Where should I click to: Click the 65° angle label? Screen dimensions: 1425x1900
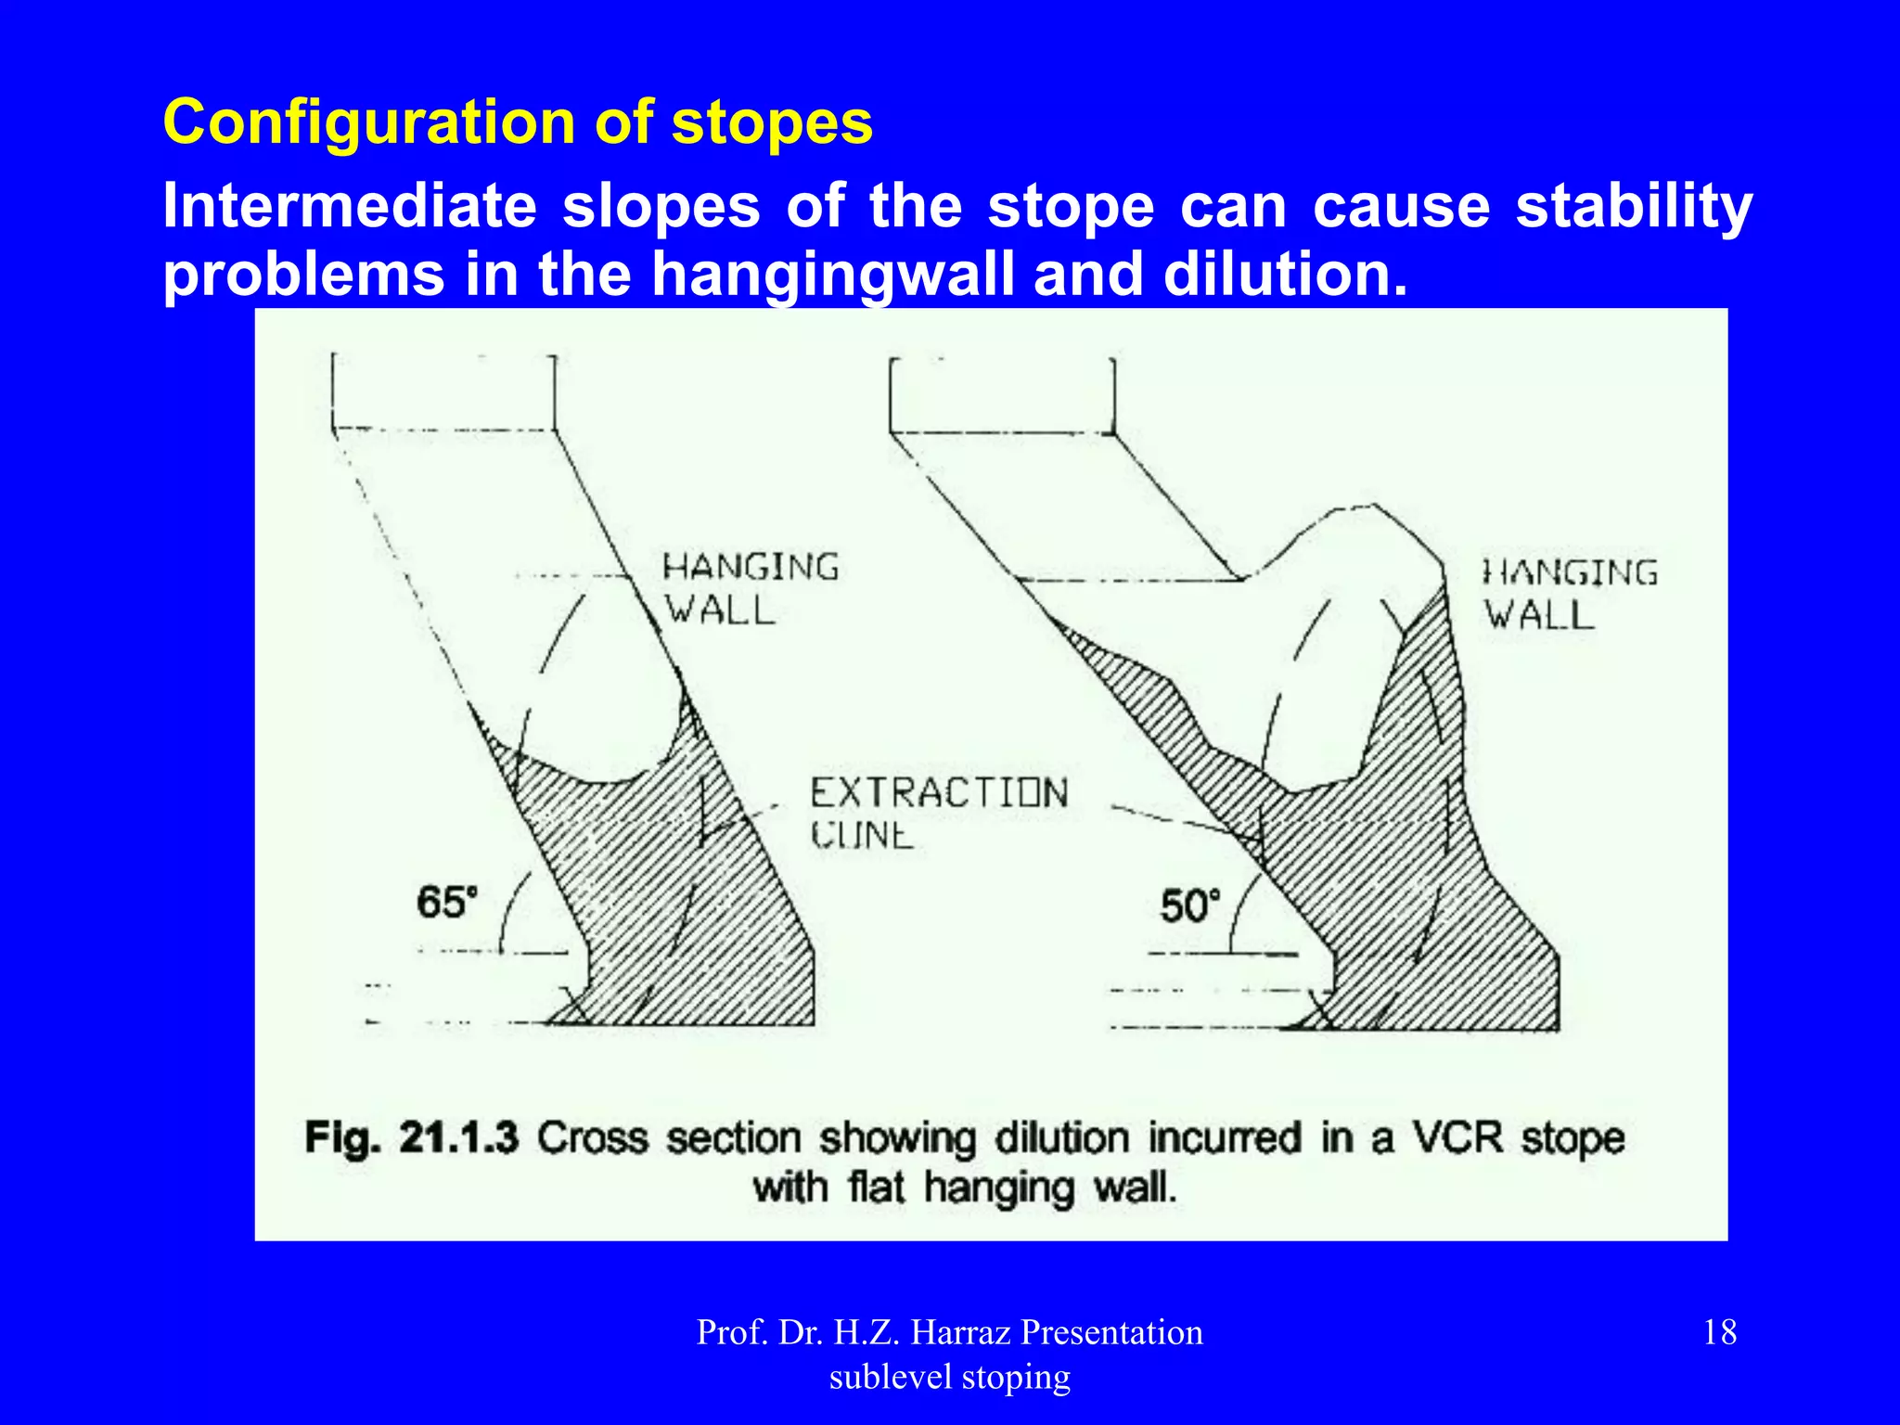click(x=447, y=902)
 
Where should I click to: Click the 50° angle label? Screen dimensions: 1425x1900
click(x=1190, y=905)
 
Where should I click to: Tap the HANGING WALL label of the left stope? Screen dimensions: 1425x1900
click(x=750, y=588)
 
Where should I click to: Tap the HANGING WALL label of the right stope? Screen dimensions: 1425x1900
click(x=1570, y=593)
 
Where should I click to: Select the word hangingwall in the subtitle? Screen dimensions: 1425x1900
click(x=832, y=275)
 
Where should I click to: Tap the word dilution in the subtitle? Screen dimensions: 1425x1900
click(x=1284, y=275)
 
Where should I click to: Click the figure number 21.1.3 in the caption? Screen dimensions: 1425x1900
click(x=458, y=1137)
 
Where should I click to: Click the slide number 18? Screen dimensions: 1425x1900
click(x=1720, y=1332)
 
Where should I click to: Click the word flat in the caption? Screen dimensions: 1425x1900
click(x=875, y=1187)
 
